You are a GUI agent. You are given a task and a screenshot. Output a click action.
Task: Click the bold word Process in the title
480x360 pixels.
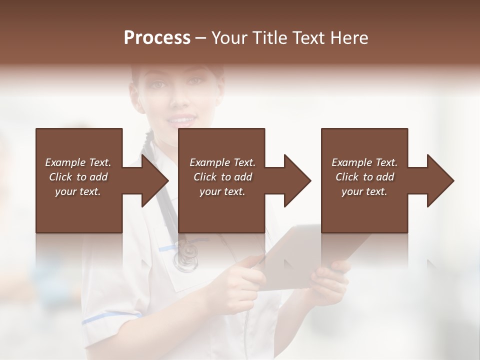(157, 38)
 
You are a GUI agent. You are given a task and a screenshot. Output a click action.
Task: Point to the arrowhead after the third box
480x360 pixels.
(439, 180)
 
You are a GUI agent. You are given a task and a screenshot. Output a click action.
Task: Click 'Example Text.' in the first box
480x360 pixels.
(78, 162)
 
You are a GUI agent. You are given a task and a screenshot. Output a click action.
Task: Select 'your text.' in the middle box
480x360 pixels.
(222, 191)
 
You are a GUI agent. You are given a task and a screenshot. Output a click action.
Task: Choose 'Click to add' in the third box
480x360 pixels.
(364, 177)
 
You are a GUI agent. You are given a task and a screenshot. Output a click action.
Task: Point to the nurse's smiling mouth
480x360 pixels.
(181, 120)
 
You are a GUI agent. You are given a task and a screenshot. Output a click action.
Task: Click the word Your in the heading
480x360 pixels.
(228, 38)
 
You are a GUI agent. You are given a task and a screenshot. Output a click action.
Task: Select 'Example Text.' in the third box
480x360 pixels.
(364, 162)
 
